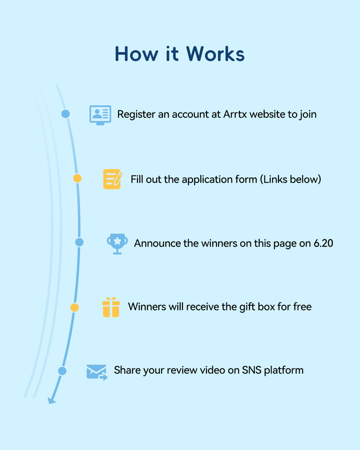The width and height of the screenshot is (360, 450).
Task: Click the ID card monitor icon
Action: click(100, 115)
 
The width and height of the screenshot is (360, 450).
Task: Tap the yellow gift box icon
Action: click(111, 307)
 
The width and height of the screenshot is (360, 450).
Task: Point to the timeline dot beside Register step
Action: click(66, 114)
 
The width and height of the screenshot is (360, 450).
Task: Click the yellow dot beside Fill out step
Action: click(77, 178)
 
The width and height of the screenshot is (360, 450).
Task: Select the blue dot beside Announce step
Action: click(79, 242)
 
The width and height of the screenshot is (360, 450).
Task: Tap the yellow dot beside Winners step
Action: click(75, 308)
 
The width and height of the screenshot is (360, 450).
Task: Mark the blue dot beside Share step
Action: click(62, 371)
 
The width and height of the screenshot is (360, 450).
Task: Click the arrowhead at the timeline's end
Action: click(51, 401)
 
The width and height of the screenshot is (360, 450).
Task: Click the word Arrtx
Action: click(234, 114)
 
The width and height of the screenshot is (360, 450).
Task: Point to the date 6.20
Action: click(323, 243)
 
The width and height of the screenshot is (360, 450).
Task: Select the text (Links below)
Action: click(290, 179)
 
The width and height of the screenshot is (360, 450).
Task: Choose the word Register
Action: click(136, 115)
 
